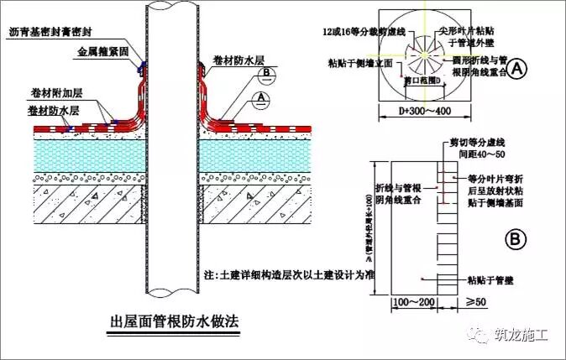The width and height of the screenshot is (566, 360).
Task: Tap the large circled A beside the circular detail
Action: (x=519, y=65)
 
